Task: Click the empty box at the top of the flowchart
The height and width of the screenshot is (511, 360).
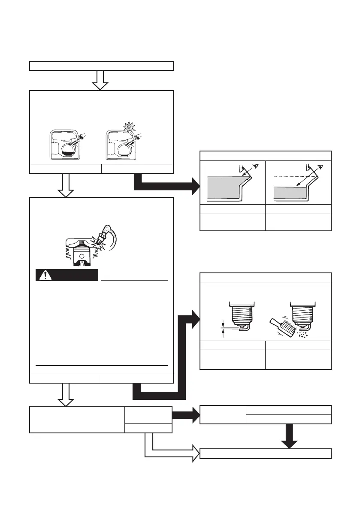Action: click(101, 66)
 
